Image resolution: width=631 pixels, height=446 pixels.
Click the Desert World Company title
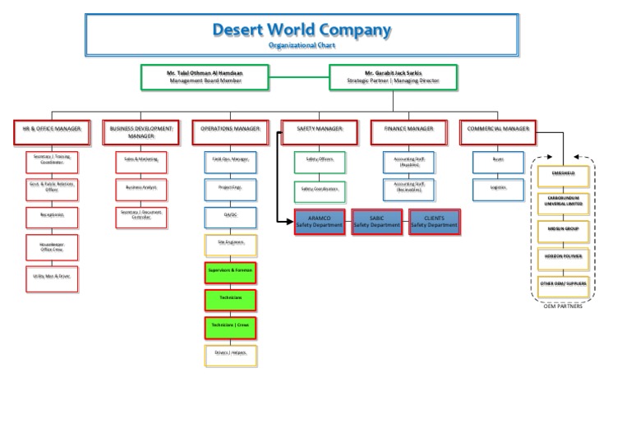[302, 31]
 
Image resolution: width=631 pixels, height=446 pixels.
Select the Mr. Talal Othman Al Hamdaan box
[205, 77]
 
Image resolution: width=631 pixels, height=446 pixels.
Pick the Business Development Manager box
[140, 132]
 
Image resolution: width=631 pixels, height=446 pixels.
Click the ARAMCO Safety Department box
[320, 222]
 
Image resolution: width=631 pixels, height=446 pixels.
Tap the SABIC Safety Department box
[377, 222]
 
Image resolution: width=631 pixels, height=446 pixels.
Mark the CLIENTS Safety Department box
[434, 222]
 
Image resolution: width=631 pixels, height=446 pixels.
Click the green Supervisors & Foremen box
[230, 271]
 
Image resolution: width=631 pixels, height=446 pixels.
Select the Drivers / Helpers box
[230, 355]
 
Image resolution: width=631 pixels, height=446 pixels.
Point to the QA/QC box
[230, 217]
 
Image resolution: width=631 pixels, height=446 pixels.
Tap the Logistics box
[498, 188]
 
